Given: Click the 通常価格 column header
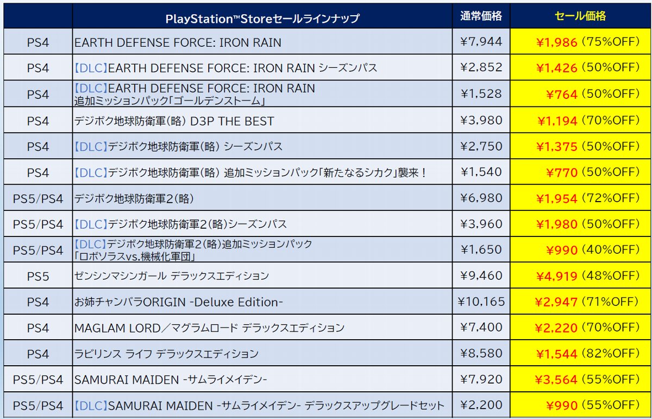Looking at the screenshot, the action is [481, 16].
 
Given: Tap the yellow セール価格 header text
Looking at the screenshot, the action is [580, 16].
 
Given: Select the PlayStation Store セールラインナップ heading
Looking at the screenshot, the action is [262, 19].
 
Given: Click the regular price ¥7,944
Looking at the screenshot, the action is [481, 42].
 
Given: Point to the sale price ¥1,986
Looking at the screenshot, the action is [556, 43].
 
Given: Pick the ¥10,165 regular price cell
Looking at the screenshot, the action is [481, 302].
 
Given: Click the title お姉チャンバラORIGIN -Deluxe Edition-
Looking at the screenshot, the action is [178, 302].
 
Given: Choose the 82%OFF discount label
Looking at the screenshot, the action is [611, 353].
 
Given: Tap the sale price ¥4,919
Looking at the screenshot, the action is [556, 276].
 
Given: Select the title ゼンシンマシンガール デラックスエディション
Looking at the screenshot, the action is [172, 276].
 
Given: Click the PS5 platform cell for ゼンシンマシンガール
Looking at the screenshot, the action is [38, 276].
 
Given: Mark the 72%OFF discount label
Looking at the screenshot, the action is [611, 198].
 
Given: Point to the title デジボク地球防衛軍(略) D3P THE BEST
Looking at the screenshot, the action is [174, 121].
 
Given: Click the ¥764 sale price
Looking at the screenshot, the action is [561, 95].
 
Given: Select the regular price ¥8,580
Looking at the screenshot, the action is [481, 353].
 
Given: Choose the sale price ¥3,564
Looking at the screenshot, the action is [556, 380].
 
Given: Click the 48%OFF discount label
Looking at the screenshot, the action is [611, 276].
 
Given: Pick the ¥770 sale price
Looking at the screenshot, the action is [561, 173].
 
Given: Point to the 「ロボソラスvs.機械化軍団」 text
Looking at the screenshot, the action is [135, 257].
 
